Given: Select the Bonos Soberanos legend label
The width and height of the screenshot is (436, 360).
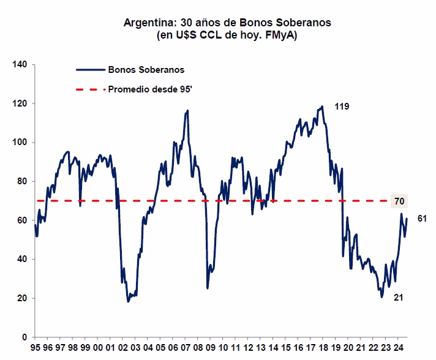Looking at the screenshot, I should click(138, 70).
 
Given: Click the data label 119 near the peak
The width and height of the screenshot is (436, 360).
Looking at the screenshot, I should click(341, 108).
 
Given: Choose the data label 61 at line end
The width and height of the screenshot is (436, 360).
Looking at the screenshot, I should click(422, 219).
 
